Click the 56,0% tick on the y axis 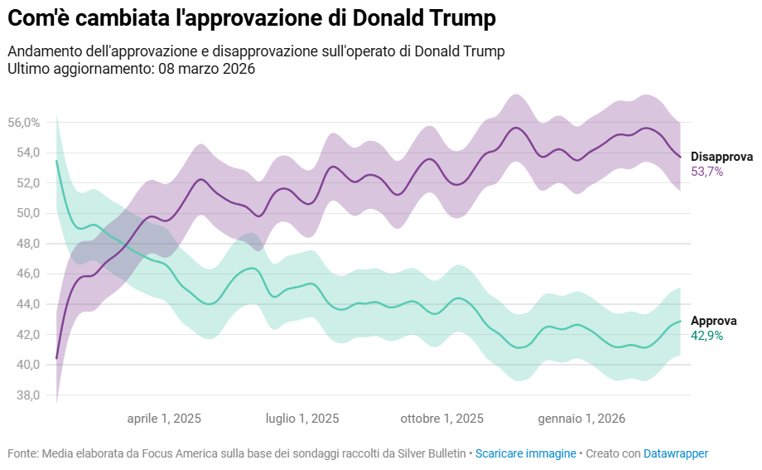[24, 123]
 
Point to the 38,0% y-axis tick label [24, 395]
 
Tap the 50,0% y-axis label [24, 213]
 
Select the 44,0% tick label [24, 304]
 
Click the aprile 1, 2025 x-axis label [164, 419]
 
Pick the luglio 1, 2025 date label [302, 419]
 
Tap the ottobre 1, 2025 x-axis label [441, 419]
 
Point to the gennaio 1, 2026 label [581, 419]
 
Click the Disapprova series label [721, 157]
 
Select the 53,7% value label [707, 172]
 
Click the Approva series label [713, 321]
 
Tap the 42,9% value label [707, 336]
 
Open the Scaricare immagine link [525, 454]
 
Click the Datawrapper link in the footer [676, 454]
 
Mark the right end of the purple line [680, 157]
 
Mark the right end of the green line [680, 321]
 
